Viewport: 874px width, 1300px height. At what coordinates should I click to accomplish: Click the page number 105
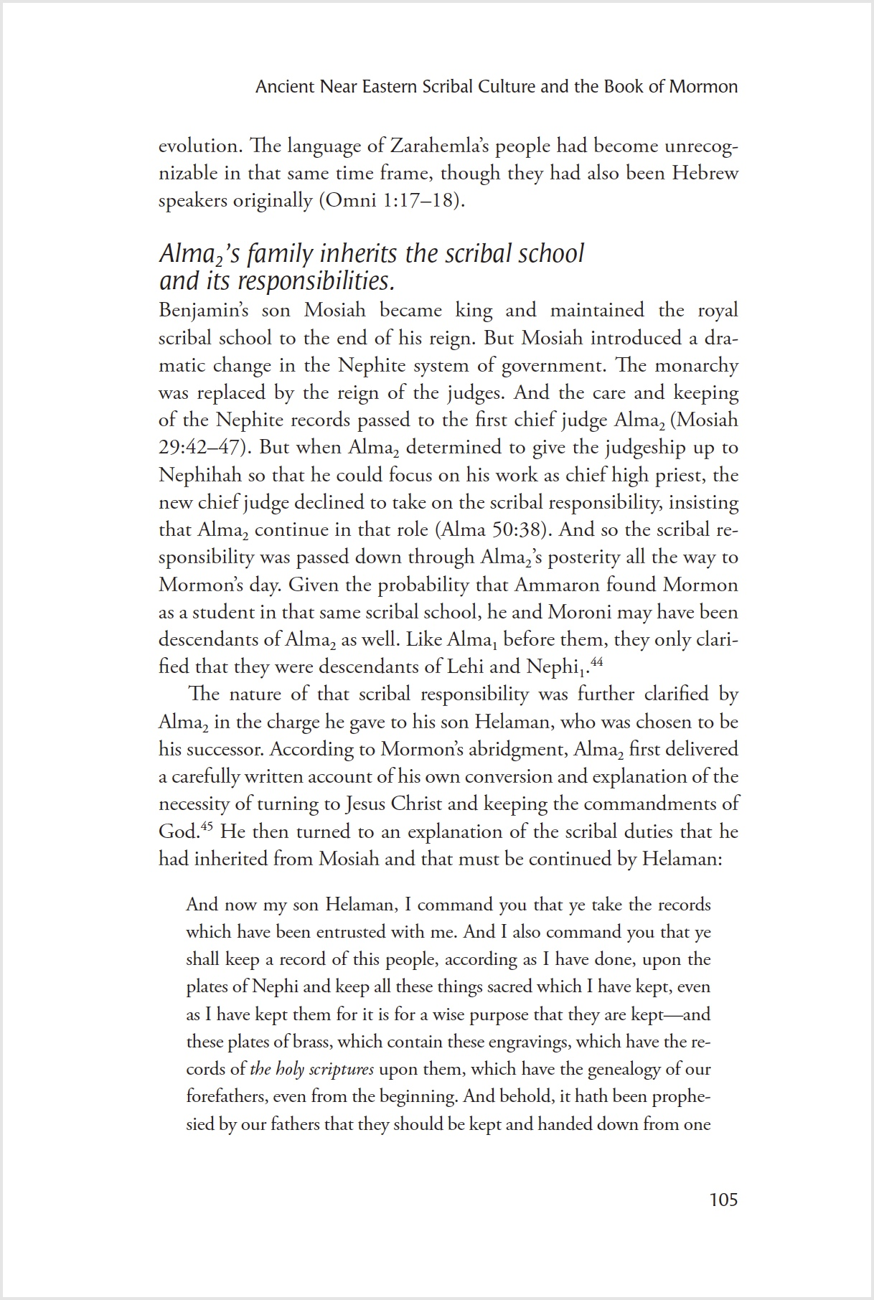[x=723, y=1200]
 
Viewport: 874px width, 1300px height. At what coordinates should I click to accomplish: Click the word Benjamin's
[x=205, y=311]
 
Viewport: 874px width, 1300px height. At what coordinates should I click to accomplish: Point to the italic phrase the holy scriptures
[x=311, y=1069]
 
